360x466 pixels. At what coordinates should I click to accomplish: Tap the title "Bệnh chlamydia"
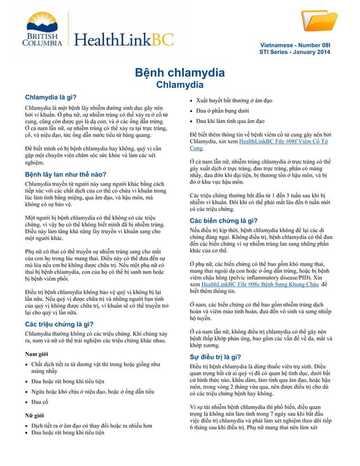pyautogui.click(x=179, y=73)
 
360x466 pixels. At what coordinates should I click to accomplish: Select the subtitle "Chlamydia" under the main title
pyautogui.click(x=179, y=85)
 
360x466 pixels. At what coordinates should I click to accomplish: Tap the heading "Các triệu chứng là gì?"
pyautogui.click(x=63, y=324)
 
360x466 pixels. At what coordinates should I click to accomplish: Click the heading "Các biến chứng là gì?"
pyautogui.click(x=223, y=221)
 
